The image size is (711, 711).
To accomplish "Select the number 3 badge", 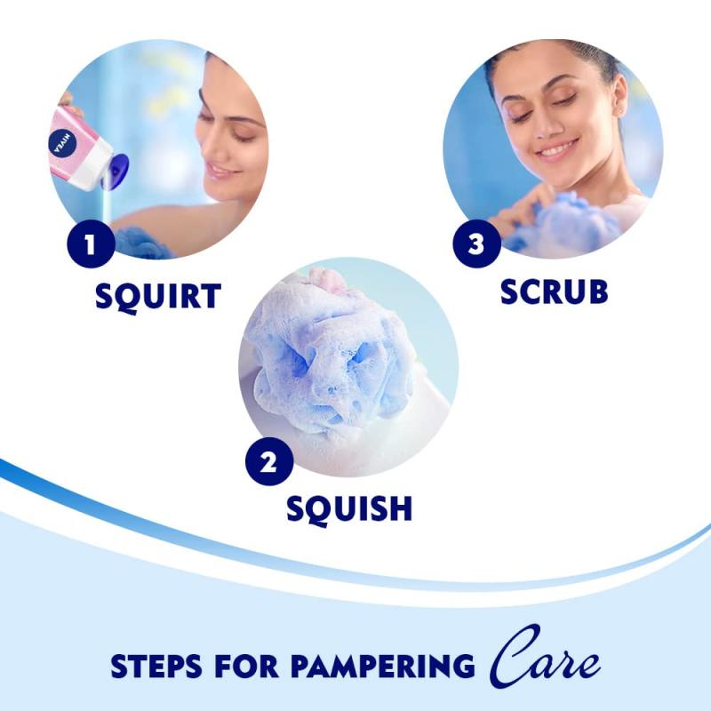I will click(x=476, y=244).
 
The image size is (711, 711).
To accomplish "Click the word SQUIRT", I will click(x=158, y=296).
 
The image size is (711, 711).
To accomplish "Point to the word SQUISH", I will click(x=348, y=507).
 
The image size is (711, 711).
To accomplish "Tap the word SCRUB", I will click(x=554, y=291).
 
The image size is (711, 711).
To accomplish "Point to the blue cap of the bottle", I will click(x=116, y=169).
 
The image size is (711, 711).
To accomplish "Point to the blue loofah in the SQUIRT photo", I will click(x=142, y=241).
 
